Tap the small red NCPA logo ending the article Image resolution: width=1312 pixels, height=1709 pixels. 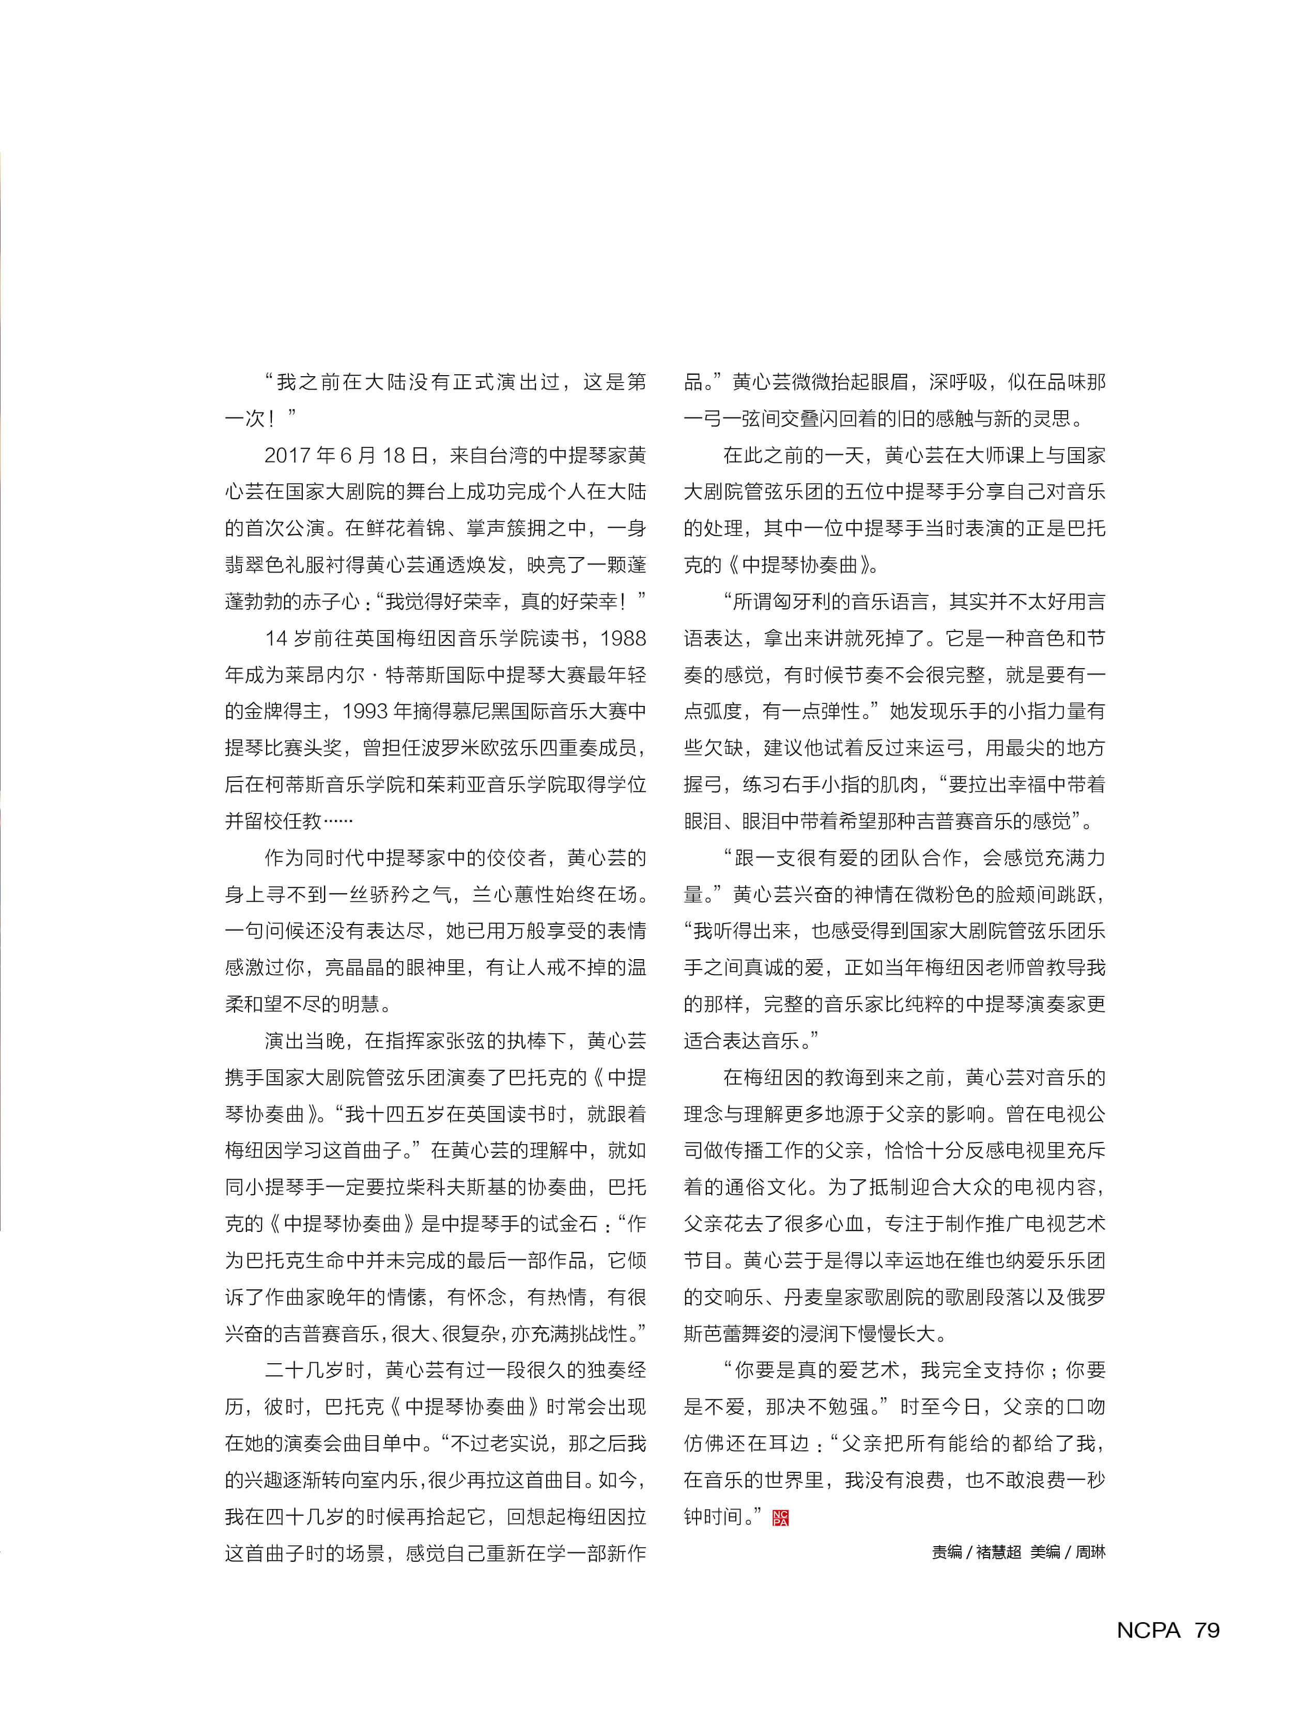click(x=780, y=1518)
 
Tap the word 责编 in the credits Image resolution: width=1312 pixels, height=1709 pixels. click(x=947, y=1552)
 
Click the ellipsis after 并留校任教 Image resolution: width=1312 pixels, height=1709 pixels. click(x=338, y=821)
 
